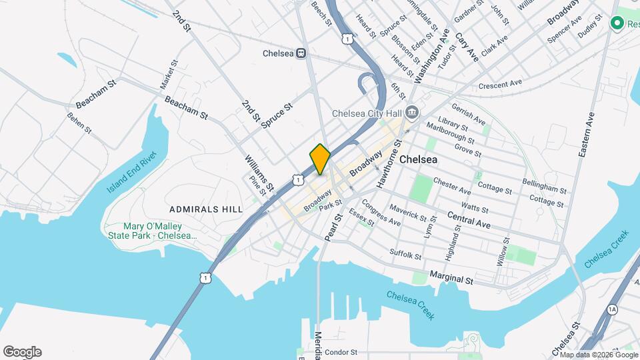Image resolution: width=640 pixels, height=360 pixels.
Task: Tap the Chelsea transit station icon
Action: (302, 53)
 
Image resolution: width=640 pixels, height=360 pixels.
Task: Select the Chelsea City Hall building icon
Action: (411, 112)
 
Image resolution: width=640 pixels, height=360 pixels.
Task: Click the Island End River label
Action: (131, 173)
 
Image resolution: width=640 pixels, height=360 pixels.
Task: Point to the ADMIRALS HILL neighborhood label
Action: (206, 209)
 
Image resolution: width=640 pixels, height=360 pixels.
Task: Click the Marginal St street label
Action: (451, 277)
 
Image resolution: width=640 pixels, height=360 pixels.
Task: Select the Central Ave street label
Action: (469, 220)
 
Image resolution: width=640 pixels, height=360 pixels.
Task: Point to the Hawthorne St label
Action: (389, 163)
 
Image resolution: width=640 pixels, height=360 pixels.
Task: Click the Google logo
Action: (22, 352)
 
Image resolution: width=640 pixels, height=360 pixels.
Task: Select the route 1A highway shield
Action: (612, 309)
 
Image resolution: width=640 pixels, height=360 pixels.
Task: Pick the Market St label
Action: (169, 75)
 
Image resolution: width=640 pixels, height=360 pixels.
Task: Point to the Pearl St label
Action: (332, 227)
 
